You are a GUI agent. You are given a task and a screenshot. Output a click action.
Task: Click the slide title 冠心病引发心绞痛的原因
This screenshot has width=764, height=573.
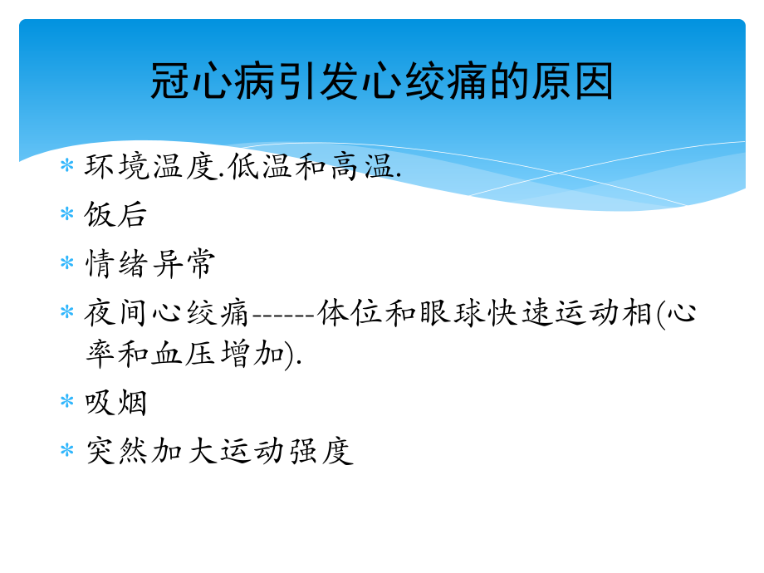click(x=382, y=83)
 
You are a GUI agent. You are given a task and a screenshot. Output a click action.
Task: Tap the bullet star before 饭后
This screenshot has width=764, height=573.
click(x=67, y=215)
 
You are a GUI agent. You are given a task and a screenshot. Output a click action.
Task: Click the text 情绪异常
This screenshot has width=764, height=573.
click(x=150, y=263)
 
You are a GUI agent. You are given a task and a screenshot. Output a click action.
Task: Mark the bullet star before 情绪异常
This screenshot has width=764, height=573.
click(x=67, y=264)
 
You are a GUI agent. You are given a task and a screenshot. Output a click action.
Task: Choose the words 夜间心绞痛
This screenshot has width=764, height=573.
click(x=167, y=313)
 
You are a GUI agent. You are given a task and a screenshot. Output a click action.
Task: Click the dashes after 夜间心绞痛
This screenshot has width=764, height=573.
click(x=282, y=315)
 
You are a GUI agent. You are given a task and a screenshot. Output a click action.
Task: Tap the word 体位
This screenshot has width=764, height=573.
click(x=350, y=313)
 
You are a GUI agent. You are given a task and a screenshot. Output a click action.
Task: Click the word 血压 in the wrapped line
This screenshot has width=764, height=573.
click(x=184, y=353)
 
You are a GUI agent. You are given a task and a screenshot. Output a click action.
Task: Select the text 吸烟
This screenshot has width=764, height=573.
click(x=116, y=403)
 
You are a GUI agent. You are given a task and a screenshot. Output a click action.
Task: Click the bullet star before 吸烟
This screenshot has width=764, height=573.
click(x=67, y=403)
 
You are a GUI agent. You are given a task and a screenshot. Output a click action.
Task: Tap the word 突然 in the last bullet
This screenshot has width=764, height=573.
click(x=116, y=451)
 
